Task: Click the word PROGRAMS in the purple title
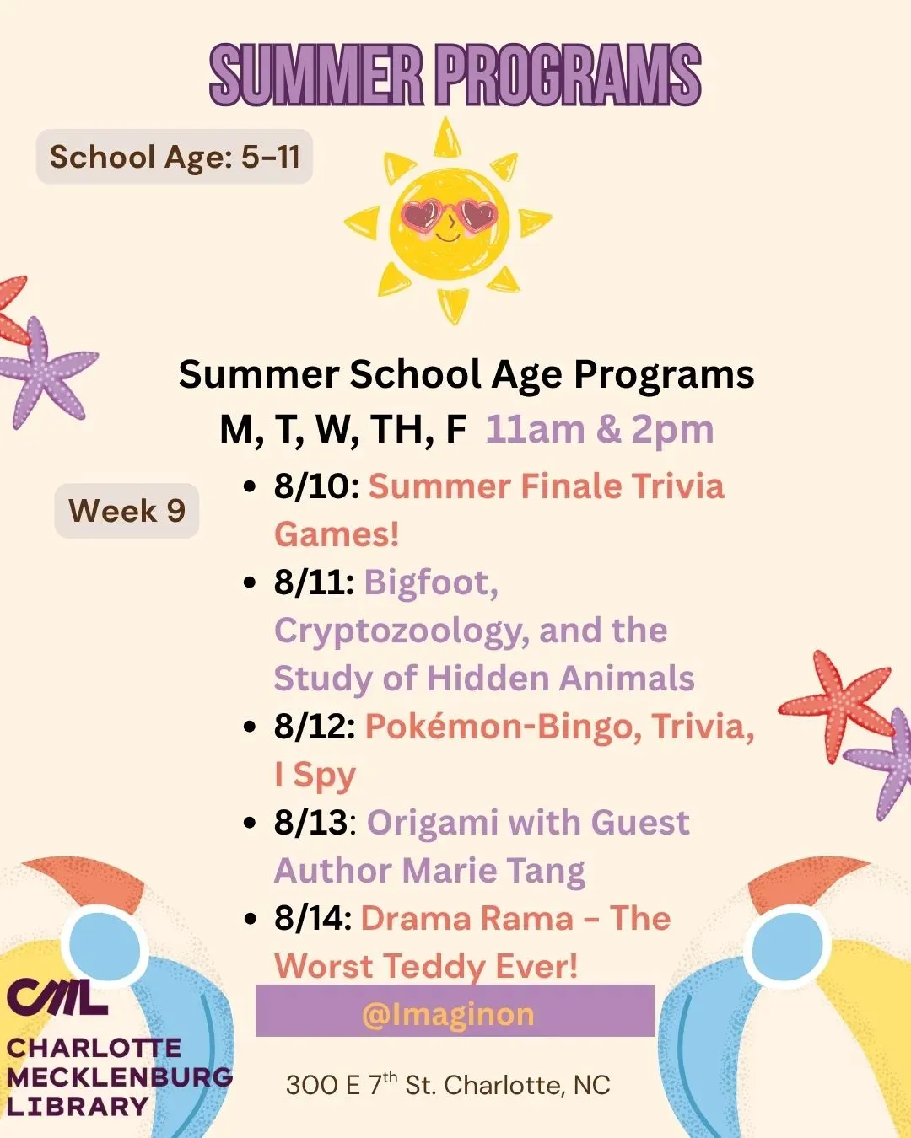tap(570, 74)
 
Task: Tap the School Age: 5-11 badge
tap(174, 157)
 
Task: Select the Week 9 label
tap(127, 511)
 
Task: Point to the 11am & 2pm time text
tap(600, 429)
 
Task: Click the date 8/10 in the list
tap(316, 486)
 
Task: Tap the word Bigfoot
tap(431, 584)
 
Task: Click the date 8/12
tap(315, 727)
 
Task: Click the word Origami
tap(433, 824)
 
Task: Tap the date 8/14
tap(313, 919)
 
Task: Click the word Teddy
tap(434, 967)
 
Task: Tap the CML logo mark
tap(57, 997)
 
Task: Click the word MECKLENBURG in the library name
tap(120, 1077)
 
